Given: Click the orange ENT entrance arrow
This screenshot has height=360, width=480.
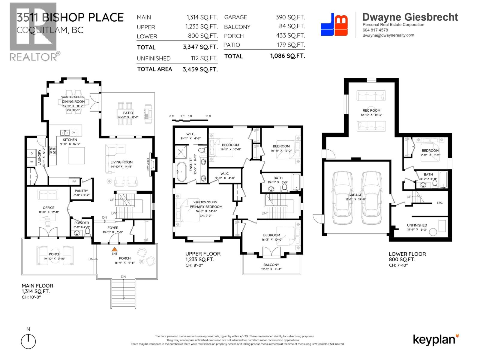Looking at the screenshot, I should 114,249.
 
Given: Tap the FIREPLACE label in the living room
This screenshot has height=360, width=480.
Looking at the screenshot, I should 148,165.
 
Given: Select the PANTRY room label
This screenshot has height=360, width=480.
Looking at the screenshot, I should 81,191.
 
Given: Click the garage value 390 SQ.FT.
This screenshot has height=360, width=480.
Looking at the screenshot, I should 290,17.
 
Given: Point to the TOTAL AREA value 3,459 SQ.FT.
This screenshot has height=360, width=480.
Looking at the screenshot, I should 200,70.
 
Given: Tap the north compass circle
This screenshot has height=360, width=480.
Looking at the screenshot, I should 28,342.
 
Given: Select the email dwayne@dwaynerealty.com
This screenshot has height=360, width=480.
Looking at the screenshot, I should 388,35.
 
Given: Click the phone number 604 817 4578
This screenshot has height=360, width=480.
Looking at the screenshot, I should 375,30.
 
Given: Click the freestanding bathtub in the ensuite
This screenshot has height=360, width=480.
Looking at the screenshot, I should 181,172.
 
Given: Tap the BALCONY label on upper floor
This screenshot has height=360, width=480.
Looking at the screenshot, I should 271,265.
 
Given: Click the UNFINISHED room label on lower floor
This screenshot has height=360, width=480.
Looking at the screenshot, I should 417,225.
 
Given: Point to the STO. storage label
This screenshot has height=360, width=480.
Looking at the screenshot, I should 439,203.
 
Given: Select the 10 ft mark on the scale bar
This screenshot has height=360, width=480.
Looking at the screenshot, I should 208,116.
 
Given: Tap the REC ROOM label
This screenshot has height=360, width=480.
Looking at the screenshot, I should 371,110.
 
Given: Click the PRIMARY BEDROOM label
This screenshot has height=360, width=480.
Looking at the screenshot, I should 206,207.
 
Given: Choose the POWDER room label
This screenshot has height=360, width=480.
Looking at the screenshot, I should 82,223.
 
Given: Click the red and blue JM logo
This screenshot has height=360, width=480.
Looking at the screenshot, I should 334,25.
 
